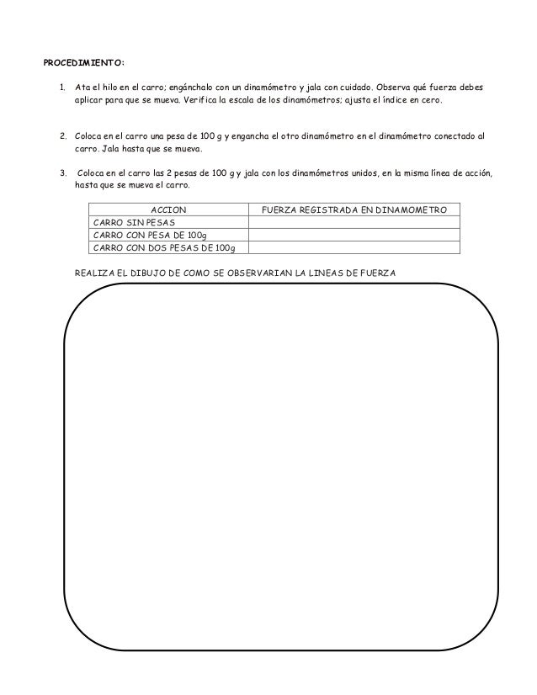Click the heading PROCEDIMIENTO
[84, 61]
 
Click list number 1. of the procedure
[62, 87]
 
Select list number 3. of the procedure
[62, 172]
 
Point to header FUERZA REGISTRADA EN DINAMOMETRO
[354, 209]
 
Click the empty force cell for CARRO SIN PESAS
[354, 221]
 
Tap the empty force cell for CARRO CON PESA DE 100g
[354, 234]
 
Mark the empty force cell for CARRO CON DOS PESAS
[354, 247]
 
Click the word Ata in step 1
[82, 87]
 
